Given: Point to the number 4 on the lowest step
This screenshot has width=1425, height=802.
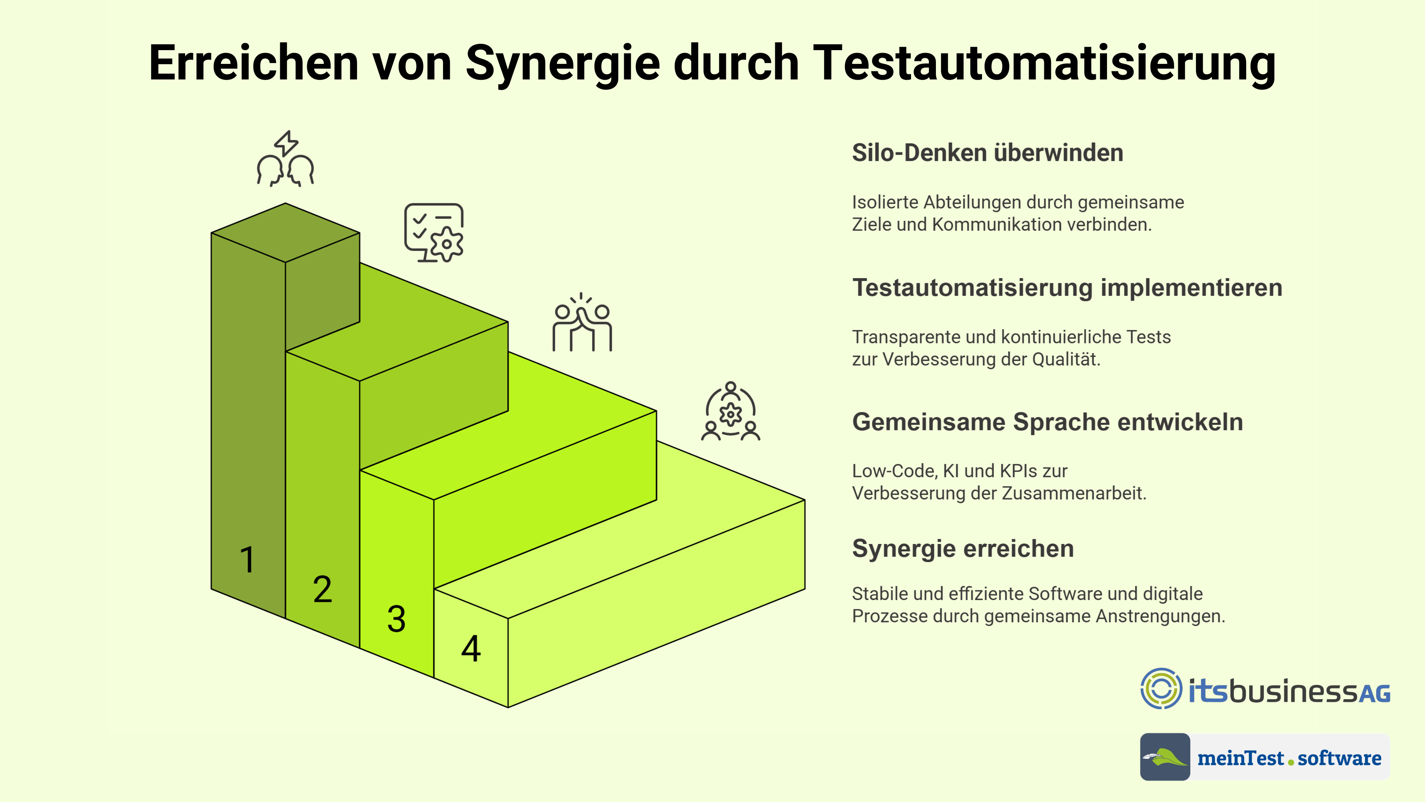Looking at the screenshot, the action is pos(471,648).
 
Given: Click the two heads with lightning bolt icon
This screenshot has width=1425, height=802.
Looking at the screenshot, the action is pos(285,159).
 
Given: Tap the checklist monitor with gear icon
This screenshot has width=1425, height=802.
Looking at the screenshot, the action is pos(434,232).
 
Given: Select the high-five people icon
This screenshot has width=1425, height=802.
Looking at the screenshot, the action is pos(582,322).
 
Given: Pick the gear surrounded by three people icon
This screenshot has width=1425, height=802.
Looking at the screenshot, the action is pos(731,411).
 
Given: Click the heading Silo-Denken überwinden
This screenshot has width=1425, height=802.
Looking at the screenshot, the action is pos(987,153).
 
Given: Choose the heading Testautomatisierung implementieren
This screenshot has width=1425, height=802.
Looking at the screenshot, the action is pos(1067,288).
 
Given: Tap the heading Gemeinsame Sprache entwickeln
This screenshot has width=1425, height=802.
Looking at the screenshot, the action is pos(1048,422).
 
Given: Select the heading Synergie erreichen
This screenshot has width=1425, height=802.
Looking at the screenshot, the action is pos(963,548).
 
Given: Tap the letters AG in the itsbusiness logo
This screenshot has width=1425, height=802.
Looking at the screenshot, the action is pos(1374,694).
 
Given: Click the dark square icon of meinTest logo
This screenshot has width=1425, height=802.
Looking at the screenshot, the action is pos(1165,757).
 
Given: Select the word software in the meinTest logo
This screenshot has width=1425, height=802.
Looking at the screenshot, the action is pos(1339,758).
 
